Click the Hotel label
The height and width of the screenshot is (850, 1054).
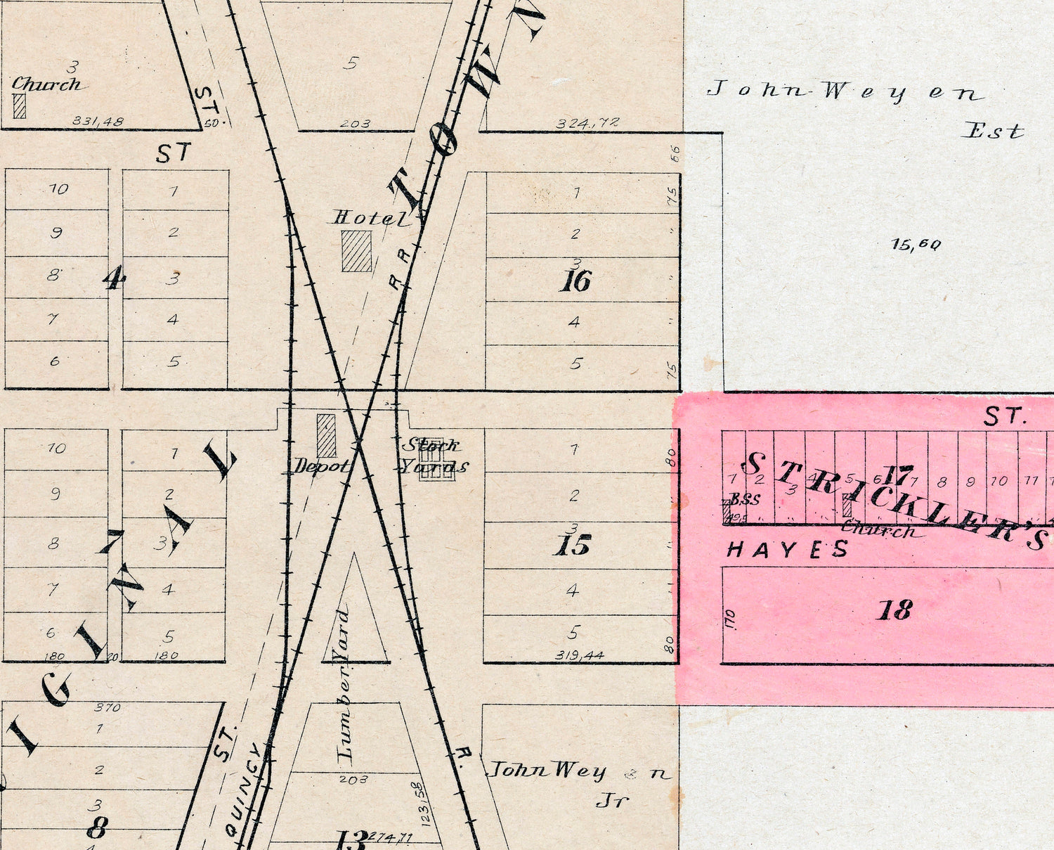pos(370,218)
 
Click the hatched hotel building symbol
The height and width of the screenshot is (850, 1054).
pos(356,251)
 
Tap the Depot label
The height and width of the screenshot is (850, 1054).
pos(320,465)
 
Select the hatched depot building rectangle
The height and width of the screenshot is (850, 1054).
pos(326,436)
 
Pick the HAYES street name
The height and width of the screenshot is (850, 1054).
pos(787,549)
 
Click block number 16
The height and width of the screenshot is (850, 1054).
pos(575,281)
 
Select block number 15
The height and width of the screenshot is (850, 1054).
pos(572,546)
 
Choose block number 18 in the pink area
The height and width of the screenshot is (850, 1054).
pos(894,610)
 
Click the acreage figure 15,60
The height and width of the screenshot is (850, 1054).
pos(915,245)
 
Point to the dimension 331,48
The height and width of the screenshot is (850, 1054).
pos(98,121)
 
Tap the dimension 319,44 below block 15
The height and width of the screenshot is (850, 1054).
pos(579,655)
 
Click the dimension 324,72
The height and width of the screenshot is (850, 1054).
pos(587,123)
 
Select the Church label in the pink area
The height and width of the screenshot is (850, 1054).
pos(878,530)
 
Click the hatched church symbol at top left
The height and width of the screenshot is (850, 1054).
pos(20,105)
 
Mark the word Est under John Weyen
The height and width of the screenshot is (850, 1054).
pos(992,131)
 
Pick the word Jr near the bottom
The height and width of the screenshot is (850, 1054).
pos(611,800)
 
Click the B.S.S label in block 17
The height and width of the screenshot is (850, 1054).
pos(745,500)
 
